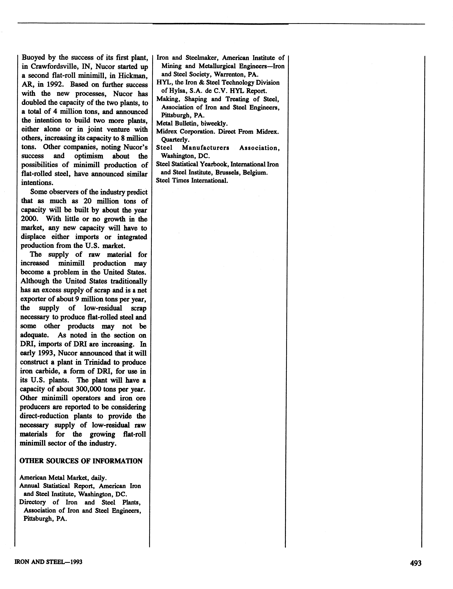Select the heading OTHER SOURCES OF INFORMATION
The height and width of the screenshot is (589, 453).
81,461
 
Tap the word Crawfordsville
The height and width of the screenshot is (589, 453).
54,66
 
